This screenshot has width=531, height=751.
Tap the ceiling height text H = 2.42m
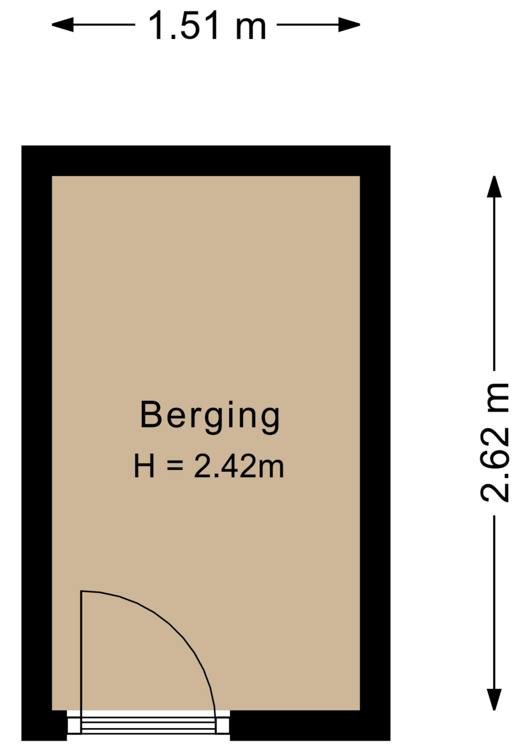[209, 466]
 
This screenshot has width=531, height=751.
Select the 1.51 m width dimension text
[207, 26]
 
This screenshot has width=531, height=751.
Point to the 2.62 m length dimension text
[495, 442]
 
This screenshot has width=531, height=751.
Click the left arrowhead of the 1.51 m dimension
[63, 25]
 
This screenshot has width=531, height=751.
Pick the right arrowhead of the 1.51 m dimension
[349, 25]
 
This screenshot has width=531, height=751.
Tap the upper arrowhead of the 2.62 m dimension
[494, 187]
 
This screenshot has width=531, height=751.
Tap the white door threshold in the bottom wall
[148, 725]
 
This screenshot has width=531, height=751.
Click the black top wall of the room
[206, 161]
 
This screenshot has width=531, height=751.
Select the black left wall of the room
[37, 443]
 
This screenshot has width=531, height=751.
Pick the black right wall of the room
[375, 443]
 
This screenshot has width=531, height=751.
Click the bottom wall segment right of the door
[310, 725]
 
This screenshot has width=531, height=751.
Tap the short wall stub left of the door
[44, 725]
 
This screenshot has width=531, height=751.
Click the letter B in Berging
[151, 415]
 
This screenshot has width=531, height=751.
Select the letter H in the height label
[144, 466]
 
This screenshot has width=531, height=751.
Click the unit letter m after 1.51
[251, 29]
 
